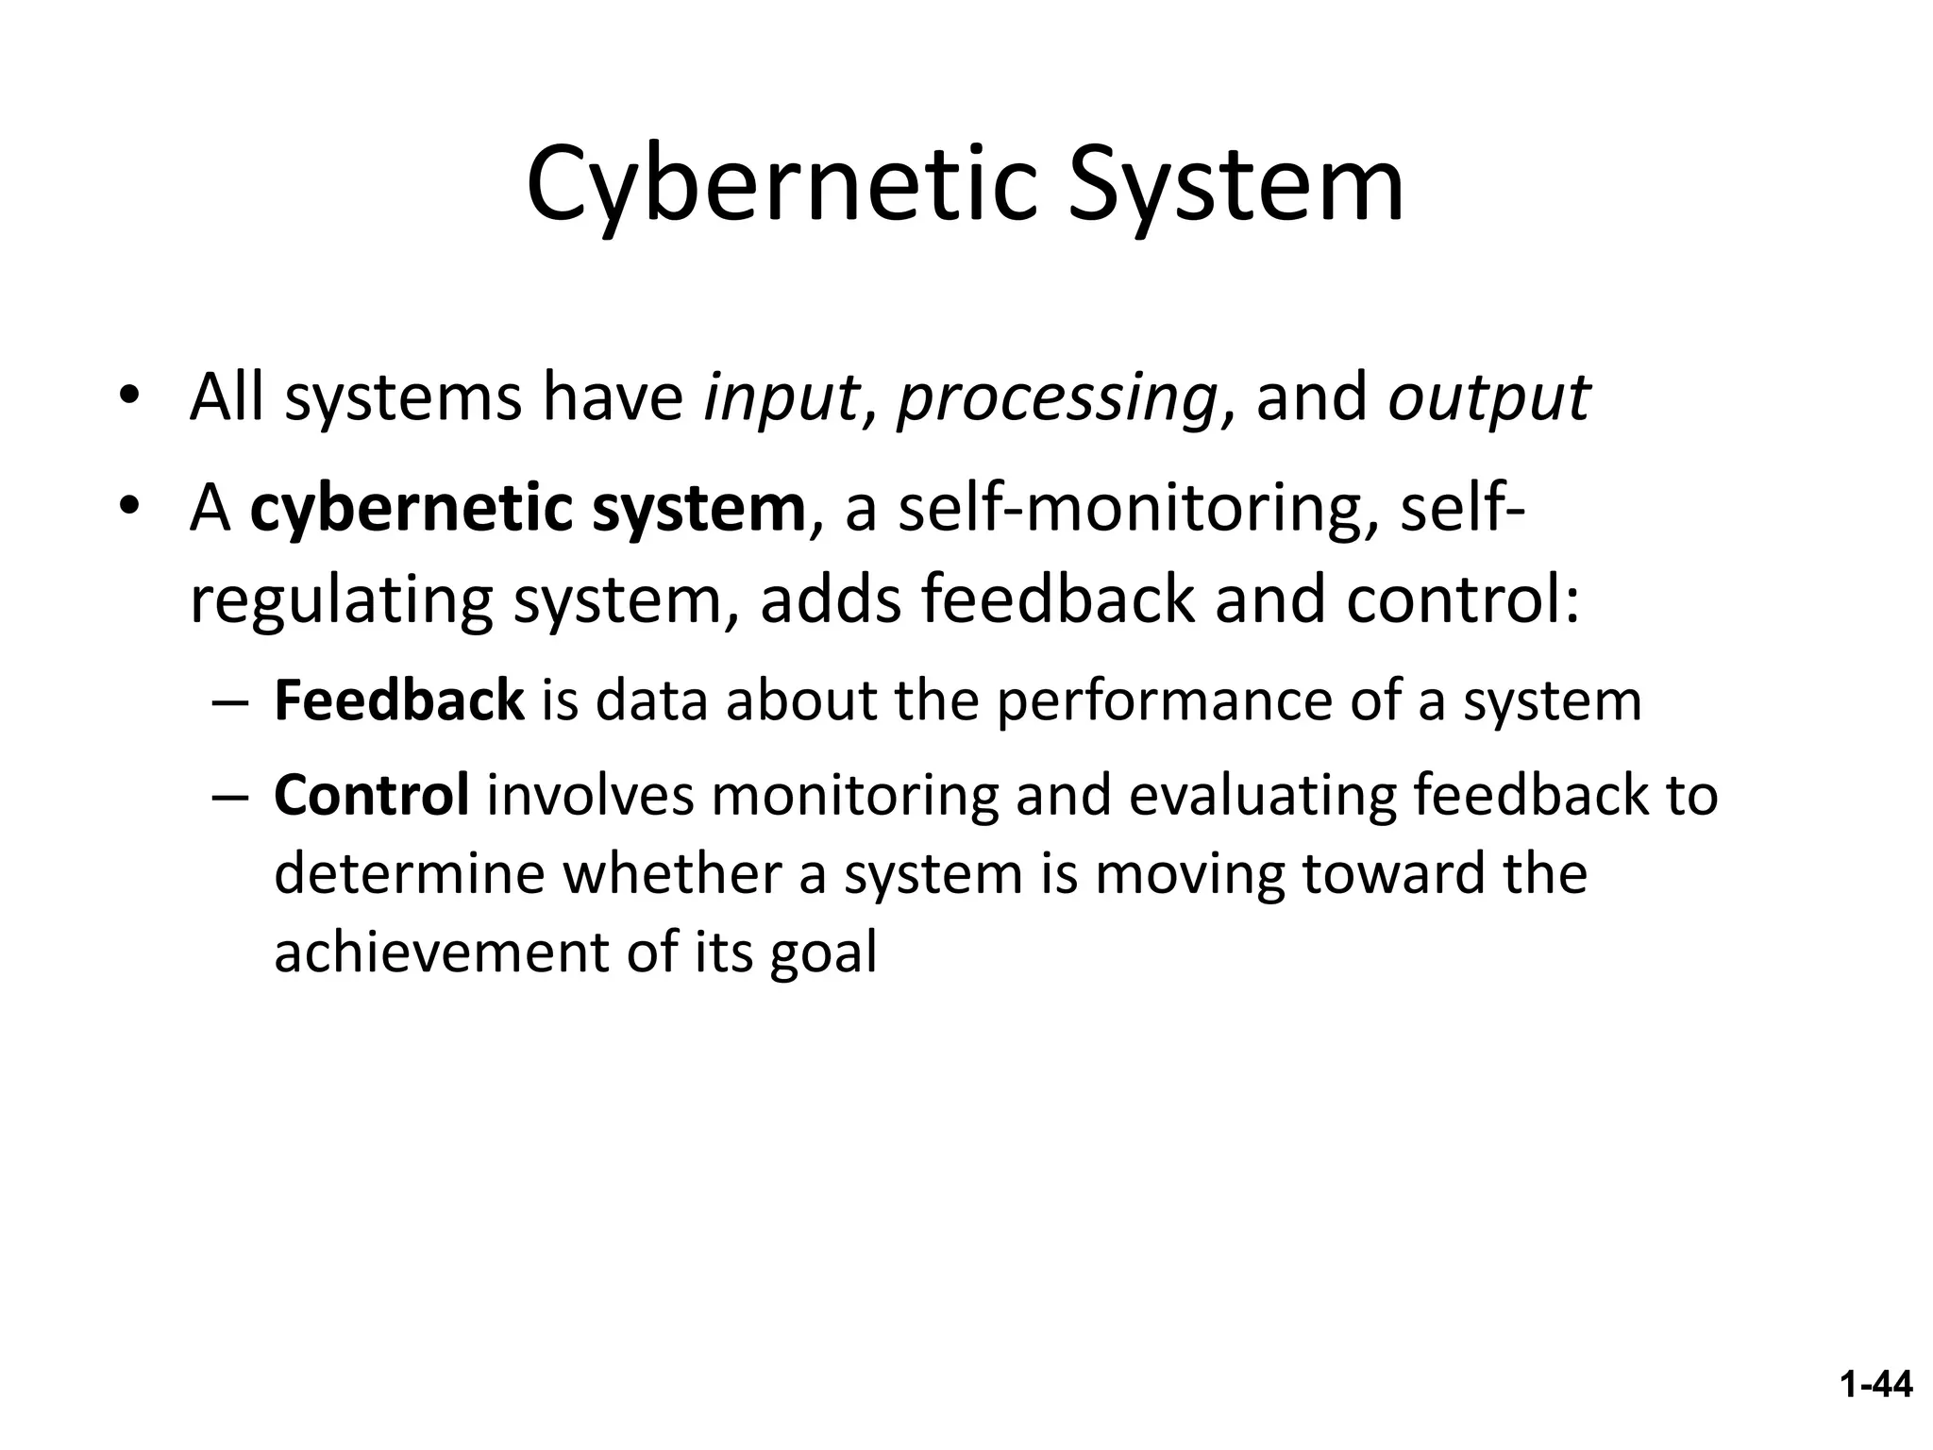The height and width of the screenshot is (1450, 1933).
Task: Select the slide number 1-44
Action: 1875,1385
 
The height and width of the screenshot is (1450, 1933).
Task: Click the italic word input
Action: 781,397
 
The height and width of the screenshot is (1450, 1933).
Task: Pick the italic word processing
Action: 1055,399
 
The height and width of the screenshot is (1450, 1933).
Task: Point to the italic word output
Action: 1488,399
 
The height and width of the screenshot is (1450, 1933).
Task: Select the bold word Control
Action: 371,795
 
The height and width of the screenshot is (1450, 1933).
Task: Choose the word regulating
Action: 341,601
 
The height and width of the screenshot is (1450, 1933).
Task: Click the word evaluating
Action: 1262,796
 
